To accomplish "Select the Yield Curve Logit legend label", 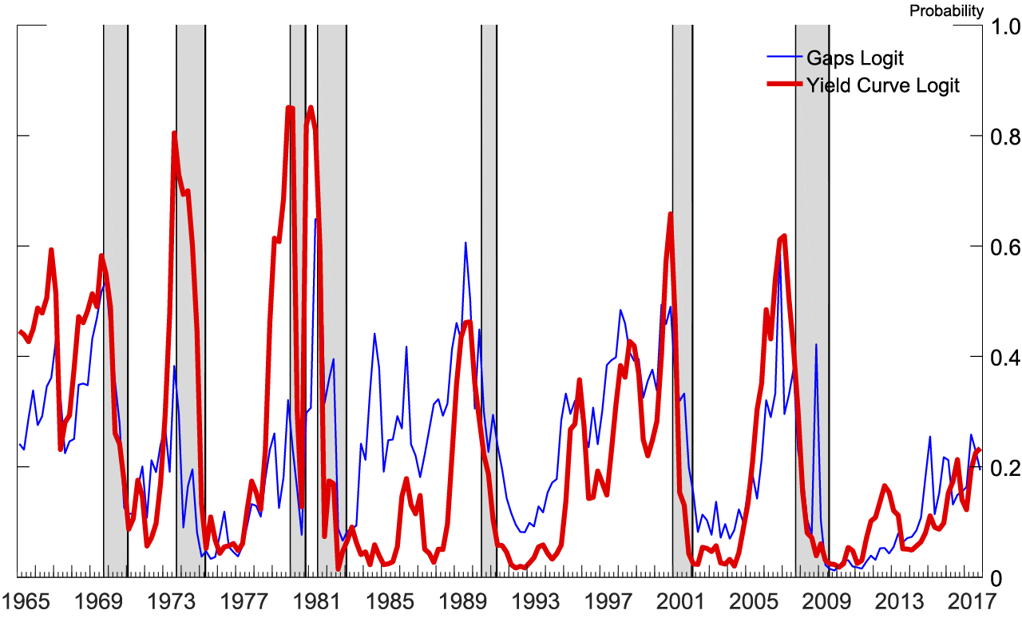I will click(883, 85).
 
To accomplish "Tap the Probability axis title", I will click(946, 10).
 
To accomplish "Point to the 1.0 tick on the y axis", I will click(1005, 27).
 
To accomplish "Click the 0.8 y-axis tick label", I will click(1005, 137).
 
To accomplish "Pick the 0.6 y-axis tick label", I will click(1005, 248).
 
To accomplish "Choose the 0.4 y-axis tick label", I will click(1005, 358).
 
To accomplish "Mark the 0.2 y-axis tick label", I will click(1005, 468).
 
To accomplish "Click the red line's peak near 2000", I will click(670, 214).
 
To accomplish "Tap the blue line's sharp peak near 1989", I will click(465, 243).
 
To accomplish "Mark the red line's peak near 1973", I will click(174, 133).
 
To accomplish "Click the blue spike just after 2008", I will click(816, 345).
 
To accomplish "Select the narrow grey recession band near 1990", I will click(489, 319).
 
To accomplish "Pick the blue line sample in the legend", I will click(782, 57).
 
